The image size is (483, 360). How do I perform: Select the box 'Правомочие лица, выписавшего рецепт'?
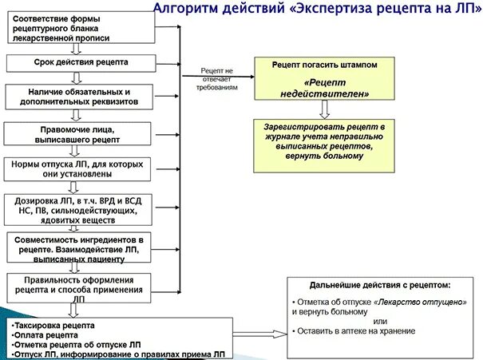(79, 133)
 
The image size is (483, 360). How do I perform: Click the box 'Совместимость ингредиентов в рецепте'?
(78, 249)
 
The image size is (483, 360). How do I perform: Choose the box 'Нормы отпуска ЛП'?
(77, 168)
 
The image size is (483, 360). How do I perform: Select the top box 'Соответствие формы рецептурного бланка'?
(78, 27)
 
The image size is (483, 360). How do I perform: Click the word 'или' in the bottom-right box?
(379, 322)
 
